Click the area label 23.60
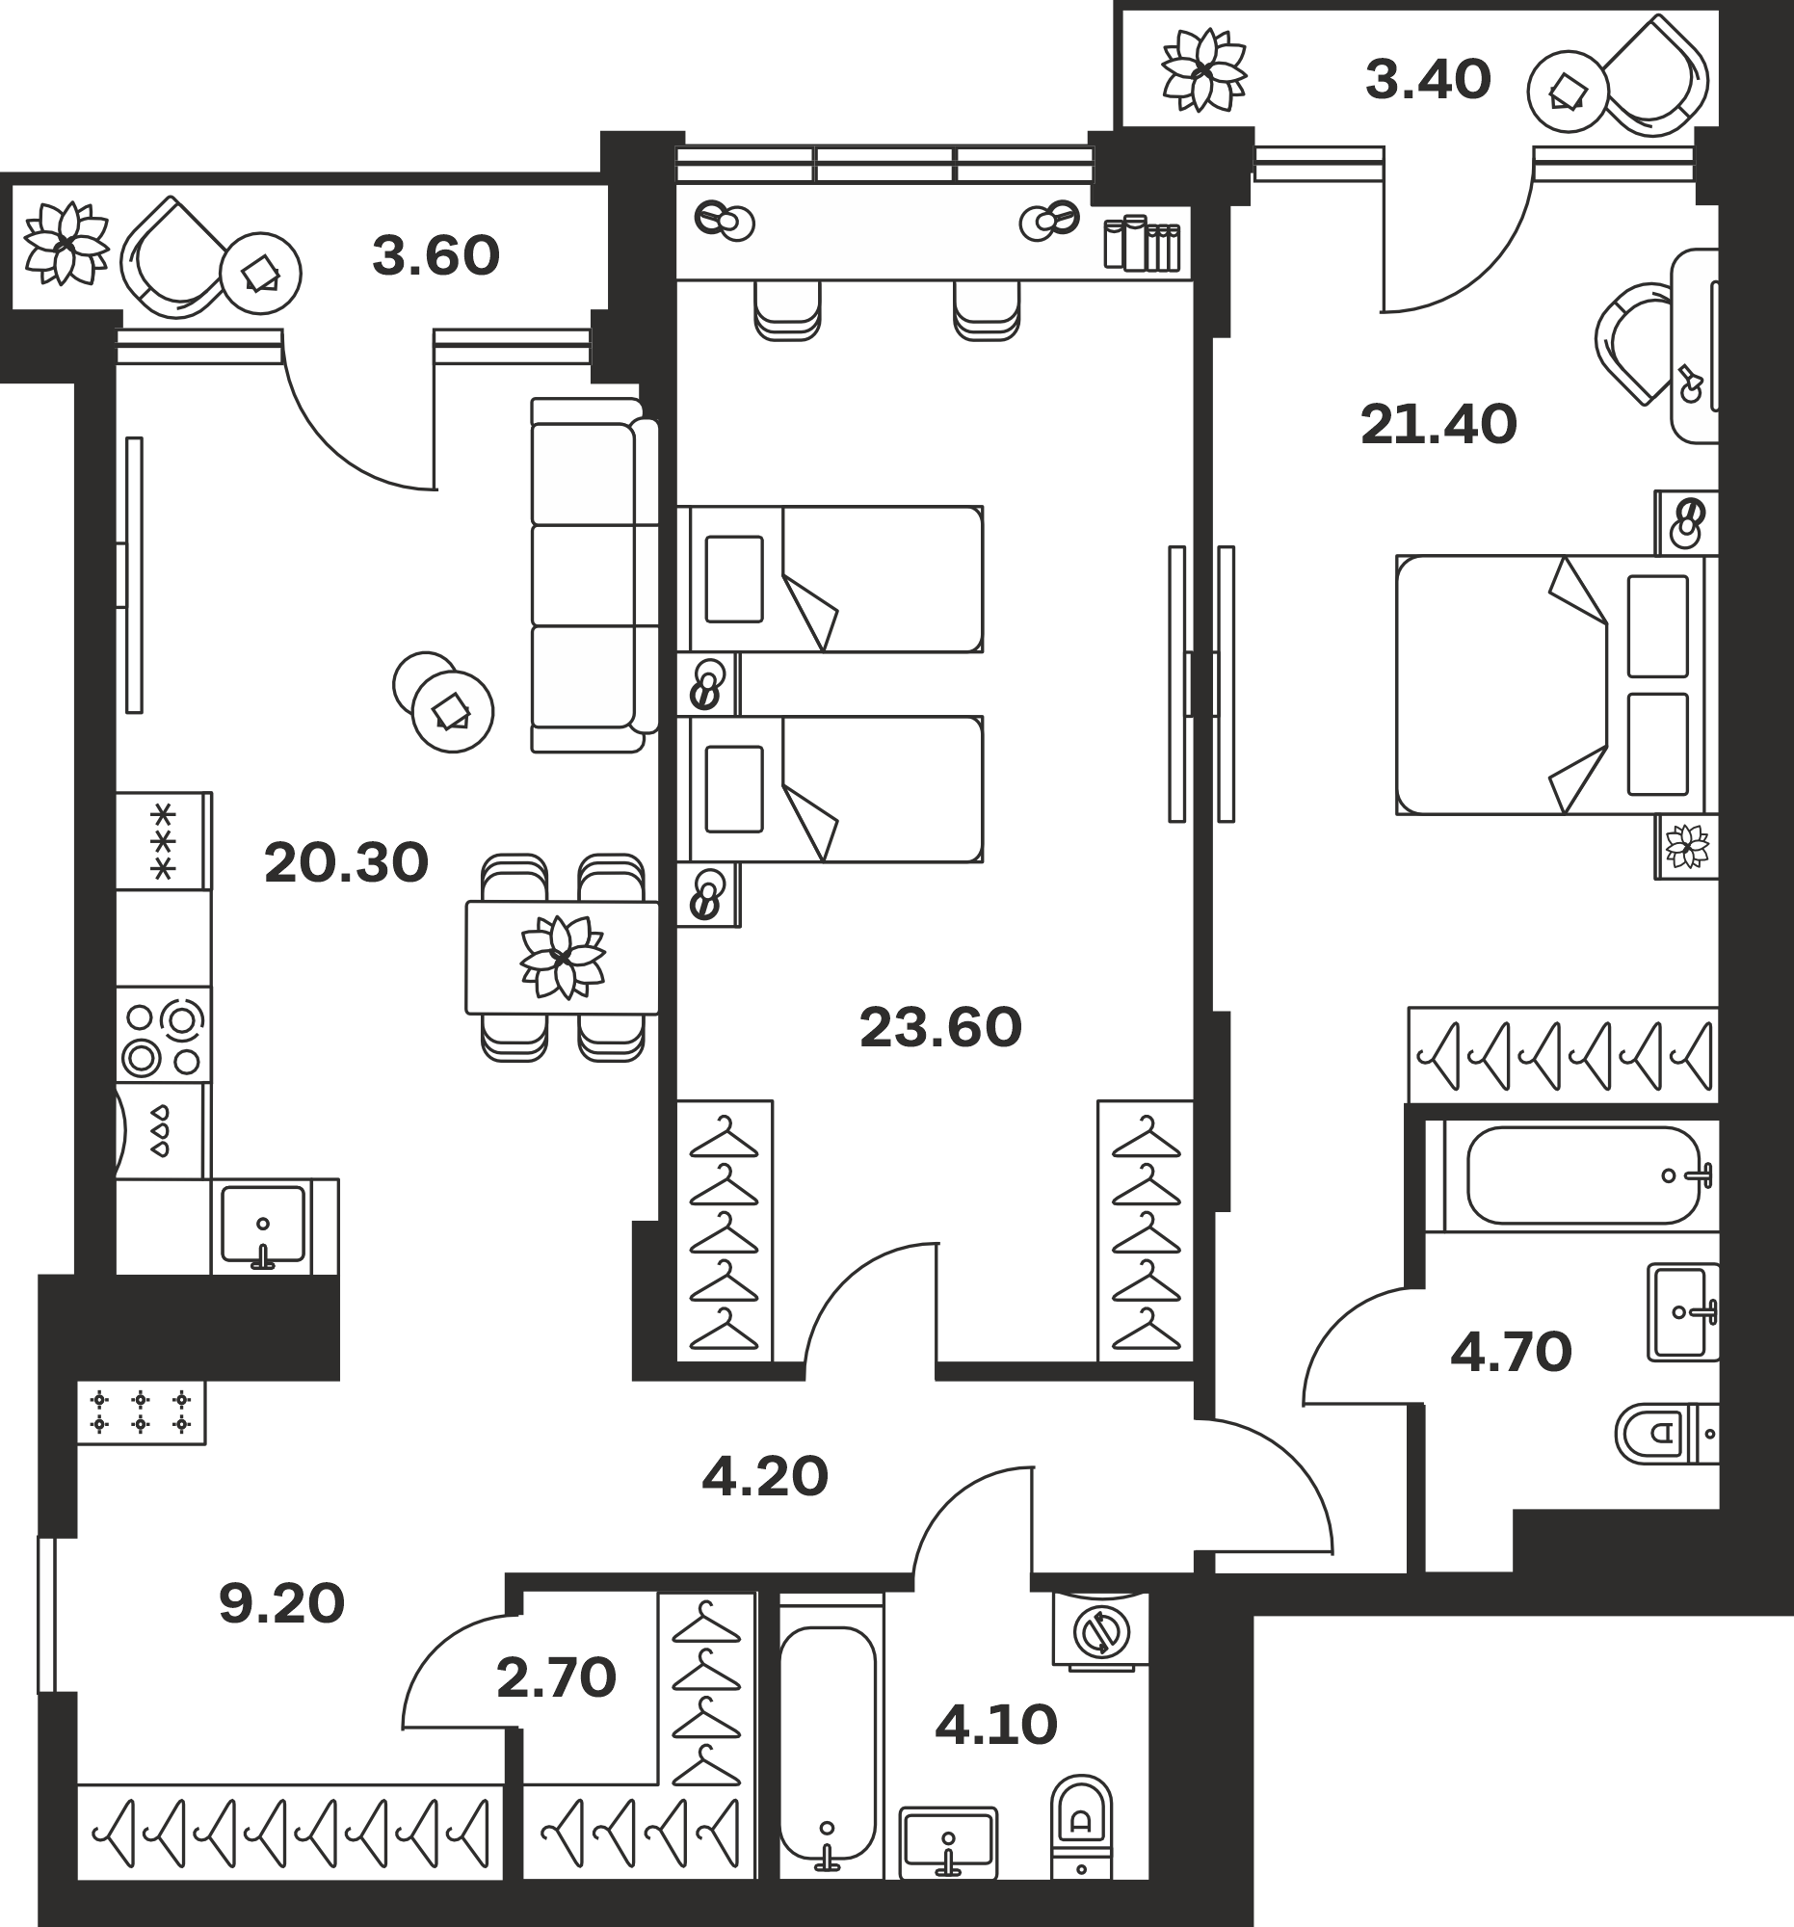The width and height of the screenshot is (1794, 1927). click(x=940, y=1028)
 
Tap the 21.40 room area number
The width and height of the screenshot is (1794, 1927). click(x=1438, y=425)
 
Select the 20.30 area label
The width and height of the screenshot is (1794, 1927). click(x=346, y=862)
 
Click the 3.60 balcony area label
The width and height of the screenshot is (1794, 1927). click(x=436, y=256)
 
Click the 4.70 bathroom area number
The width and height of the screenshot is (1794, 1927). click(x=1511, y=1353)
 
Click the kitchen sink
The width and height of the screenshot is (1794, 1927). click(x=263, y=1226)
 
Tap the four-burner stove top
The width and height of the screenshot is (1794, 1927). click(x=164, y=1034)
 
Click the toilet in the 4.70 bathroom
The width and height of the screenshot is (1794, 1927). click(x=1667, y=1433)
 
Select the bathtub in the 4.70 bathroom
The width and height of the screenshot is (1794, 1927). click(x=1585, y=1175)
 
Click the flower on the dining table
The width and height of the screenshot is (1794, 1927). click(x=562, y=958)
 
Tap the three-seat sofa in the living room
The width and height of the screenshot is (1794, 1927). click(x=594, y=575)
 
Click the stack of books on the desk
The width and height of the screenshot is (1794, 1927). click(x=1143, y=243)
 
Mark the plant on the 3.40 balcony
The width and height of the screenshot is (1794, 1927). click(x=1203, y=69)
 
